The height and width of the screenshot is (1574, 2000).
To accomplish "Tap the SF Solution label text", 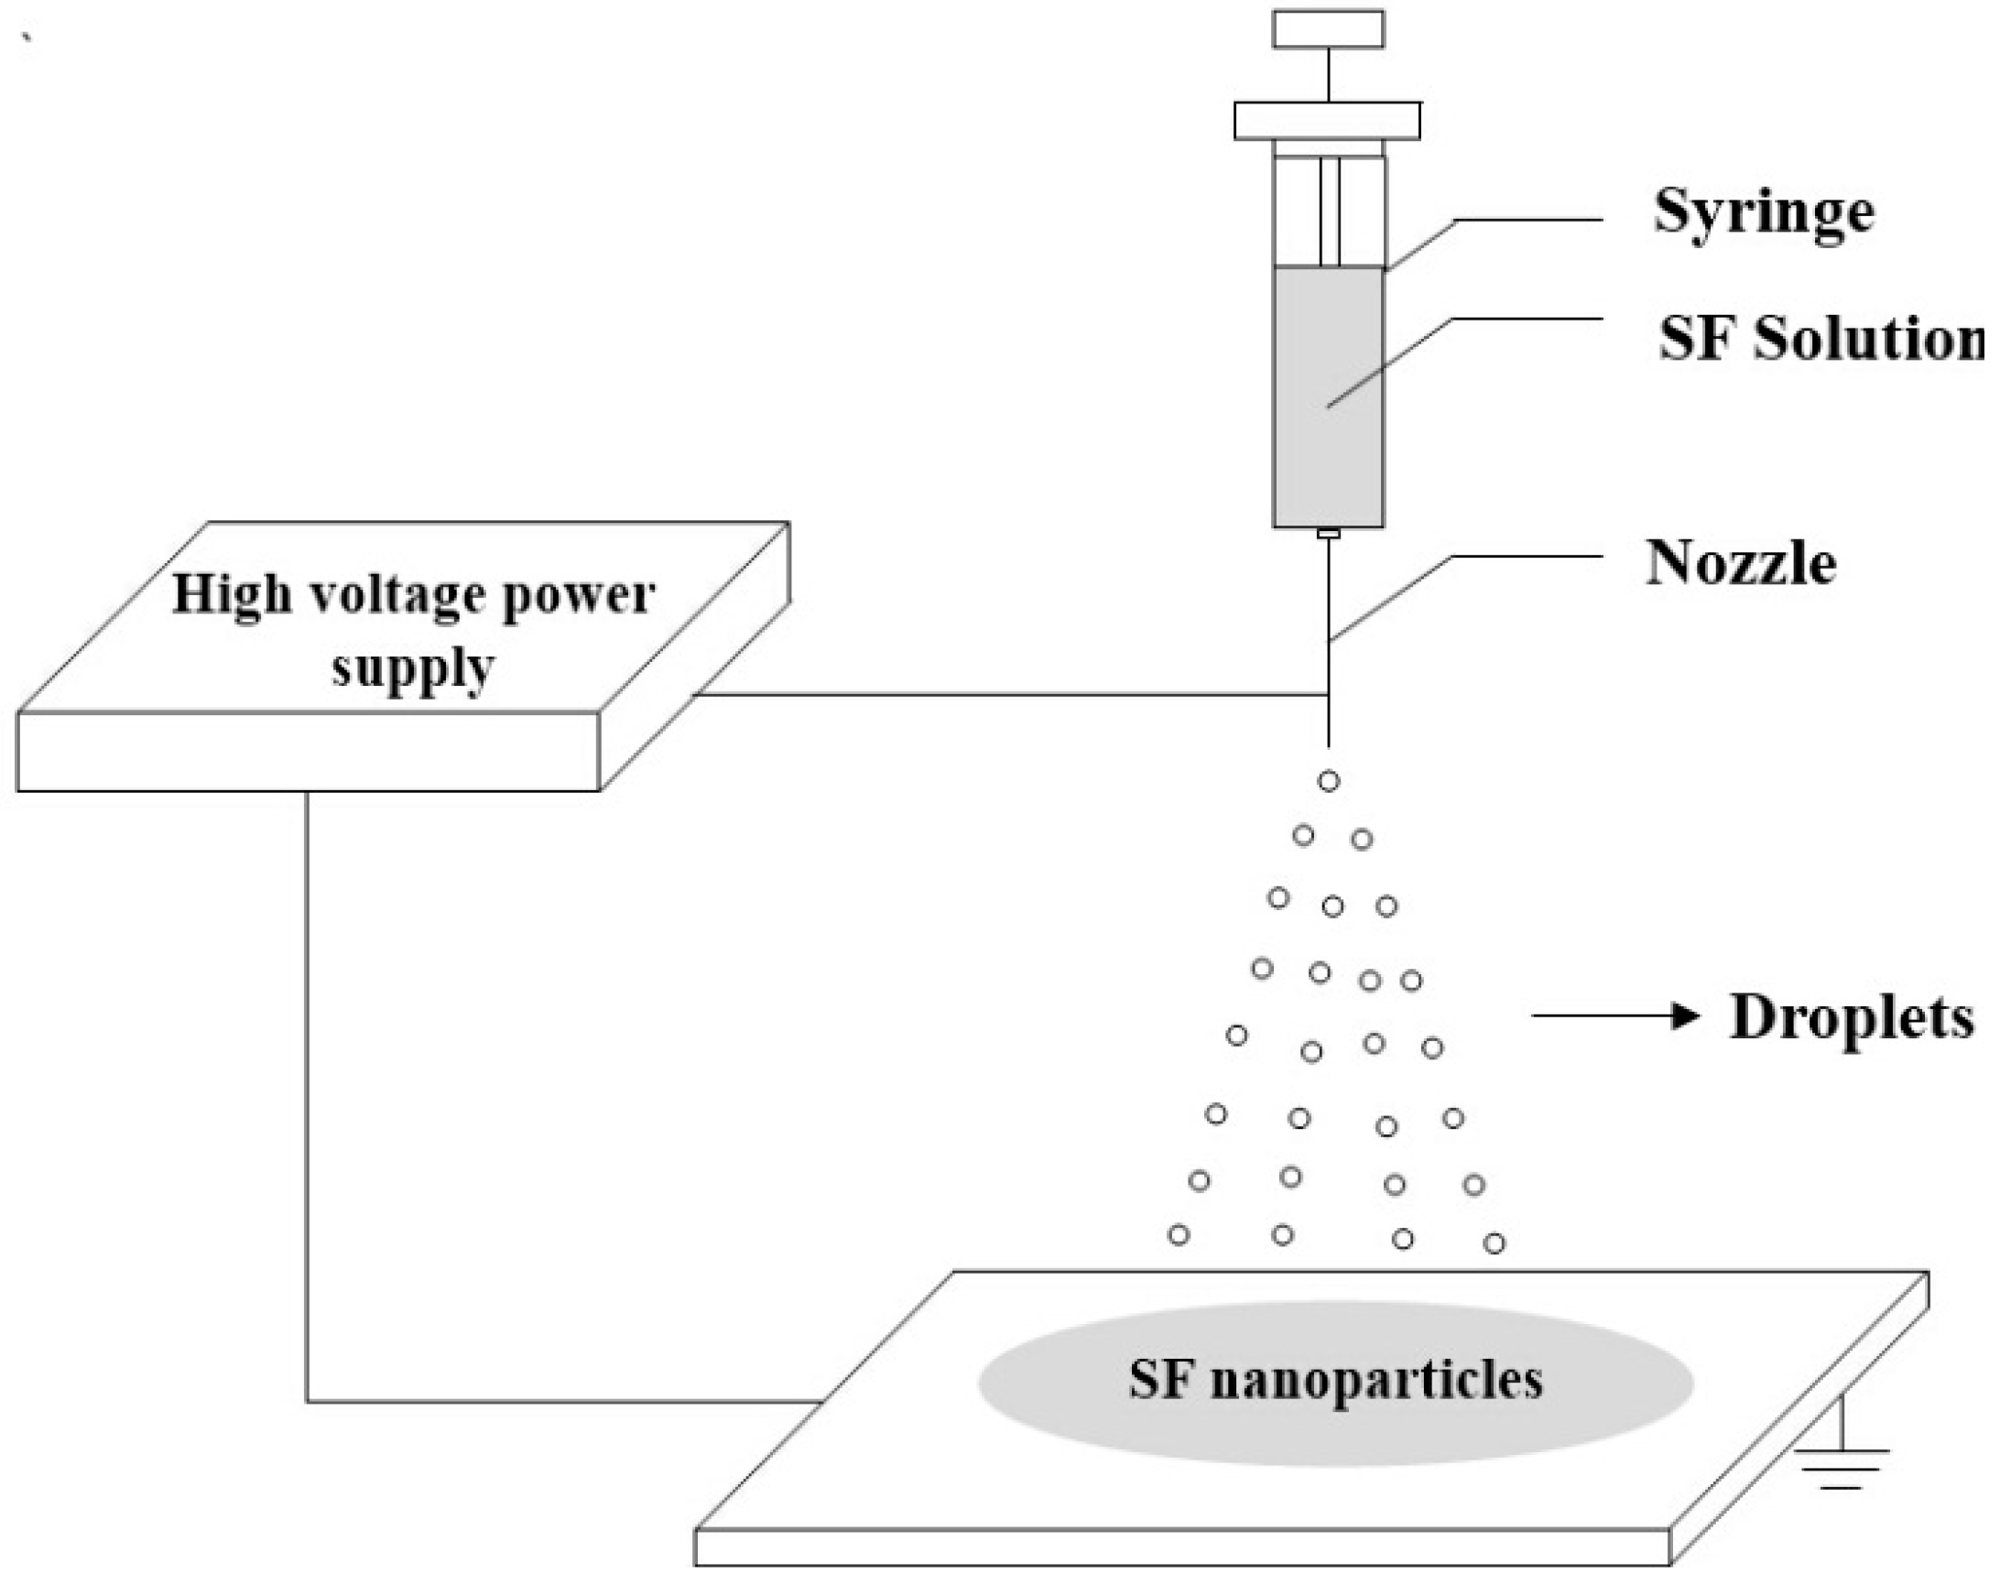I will pos(1820,339).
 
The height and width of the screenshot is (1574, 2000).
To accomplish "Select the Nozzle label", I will pos(1740,563).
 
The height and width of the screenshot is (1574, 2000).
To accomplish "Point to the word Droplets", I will pos(1851,1017).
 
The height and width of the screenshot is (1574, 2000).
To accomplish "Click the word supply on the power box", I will pos(413,668).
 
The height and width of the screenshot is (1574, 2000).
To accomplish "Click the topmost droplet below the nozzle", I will pos(1328,781).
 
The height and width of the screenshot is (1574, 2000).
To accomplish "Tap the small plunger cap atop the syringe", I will pos(1328,28).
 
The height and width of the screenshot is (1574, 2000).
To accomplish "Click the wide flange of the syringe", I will pos(1327,121).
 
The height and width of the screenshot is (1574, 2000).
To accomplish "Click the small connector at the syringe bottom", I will pos(1328,534).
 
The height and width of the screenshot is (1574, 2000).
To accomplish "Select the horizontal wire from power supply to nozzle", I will pos(1014,694).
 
